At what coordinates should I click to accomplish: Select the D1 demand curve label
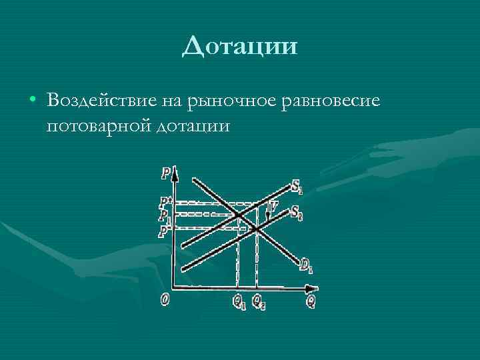coord(306,267)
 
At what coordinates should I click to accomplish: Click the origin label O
coord(165,300)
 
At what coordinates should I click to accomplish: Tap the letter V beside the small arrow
coord(273,207)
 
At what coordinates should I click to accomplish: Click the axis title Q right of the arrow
coord(311,301)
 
